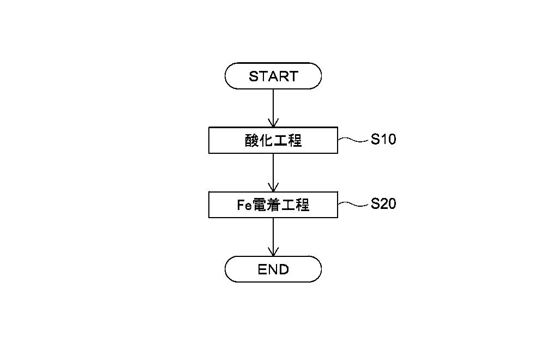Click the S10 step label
point(383,139)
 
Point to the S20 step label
point(383,203)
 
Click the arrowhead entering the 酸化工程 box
point(273,123)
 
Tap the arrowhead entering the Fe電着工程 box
point(273,187)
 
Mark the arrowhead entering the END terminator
point(273,252)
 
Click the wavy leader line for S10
point(353,140)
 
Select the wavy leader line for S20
point(353,204)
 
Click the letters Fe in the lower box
point(244,205)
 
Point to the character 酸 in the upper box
point(251,140)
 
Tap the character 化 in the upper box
point(266,140)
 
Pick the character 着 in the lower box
point(274,205)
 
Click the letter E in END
point(262,269)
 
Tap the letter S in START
point(253,76)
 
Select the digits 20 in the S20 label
point(388,203)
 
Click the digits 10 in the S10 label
point(388,139)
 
